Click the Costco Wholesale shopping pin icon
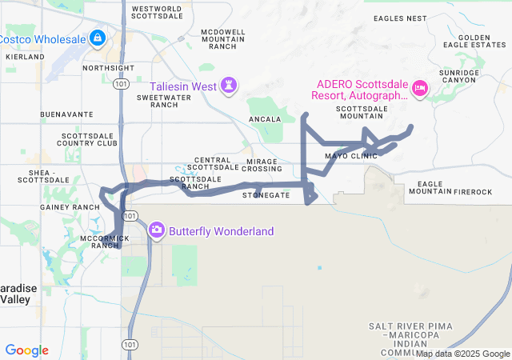96,38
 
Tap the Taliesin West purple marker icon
230,85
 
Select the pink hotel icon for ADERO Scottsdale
418,94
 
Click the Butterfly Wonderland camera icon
156,230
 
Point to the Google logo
27,350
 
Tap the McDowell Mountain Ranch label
223,38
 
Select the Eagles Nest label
400,18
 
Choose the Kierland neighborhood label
25,58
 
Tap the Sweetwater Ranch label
157,101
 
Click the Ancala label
265,119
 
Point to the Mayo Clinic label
350,156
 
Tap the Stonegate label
266,195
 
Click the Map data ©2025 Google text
462,354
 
